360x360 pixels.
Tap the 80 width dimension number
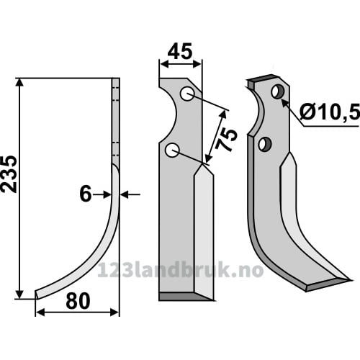pyautogui.click(x=78, y=301)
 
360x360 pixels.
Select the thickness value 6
pyautogui.click(x=86, y=194)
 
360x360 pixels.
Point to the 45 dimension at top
pyautogui.click(x=180, y=51)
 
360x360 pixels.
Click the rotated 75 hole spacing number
pyautogui.click(x=225, y=140)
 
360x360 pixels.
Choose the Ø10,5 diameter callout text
pyautogui.click(x=330, y=112)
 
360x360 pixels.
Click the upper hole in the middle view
pyautogui.click(x=188, y=94)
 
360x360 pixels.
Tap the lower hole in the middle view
pyautogui.click(x=172, y=150)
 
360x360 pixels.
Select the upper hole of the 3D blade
pyautogui.click(x=278, y=91)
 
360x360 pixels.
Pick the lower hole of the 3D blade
pyautogui.click(x=265, y=143)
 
